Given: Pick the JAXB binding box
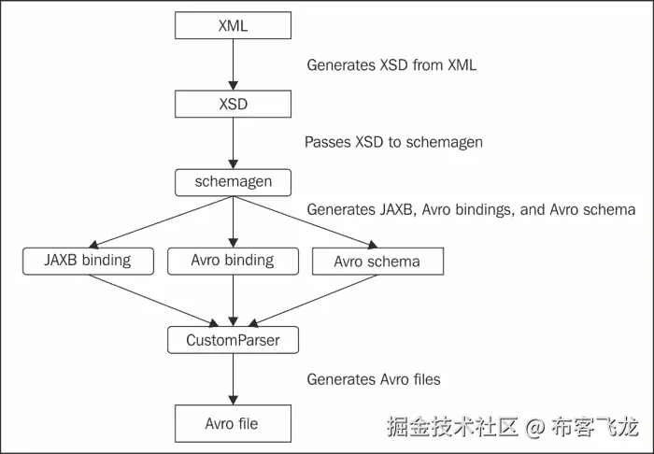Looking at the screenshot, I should pyautogui.click(x=88, y=261).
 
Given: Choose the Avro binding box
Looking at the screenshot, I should pyautogui.click(x=232, y=261).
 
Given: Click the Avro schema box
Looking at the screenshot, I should pyautogui.click(x=377, y=262).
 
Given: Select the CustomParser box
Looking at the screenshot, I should pyautogui.click(x=232, y=340).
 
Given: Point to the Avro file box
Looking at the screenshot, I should pyautogui.click(x=232, y=423).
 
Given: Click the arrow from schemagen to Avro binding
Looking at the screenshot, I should pyautogui.click(x=232, y=221).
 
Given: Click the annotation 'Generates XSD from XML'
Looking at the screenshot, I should pyautogui.click(x=391, y=65).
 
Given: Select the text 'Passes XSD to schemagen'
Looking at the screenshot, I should pyautogui.click(x=392, y=143).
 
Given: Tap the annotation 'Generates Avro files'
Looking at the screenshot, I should pyautogui.click(x=374, y=379).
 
